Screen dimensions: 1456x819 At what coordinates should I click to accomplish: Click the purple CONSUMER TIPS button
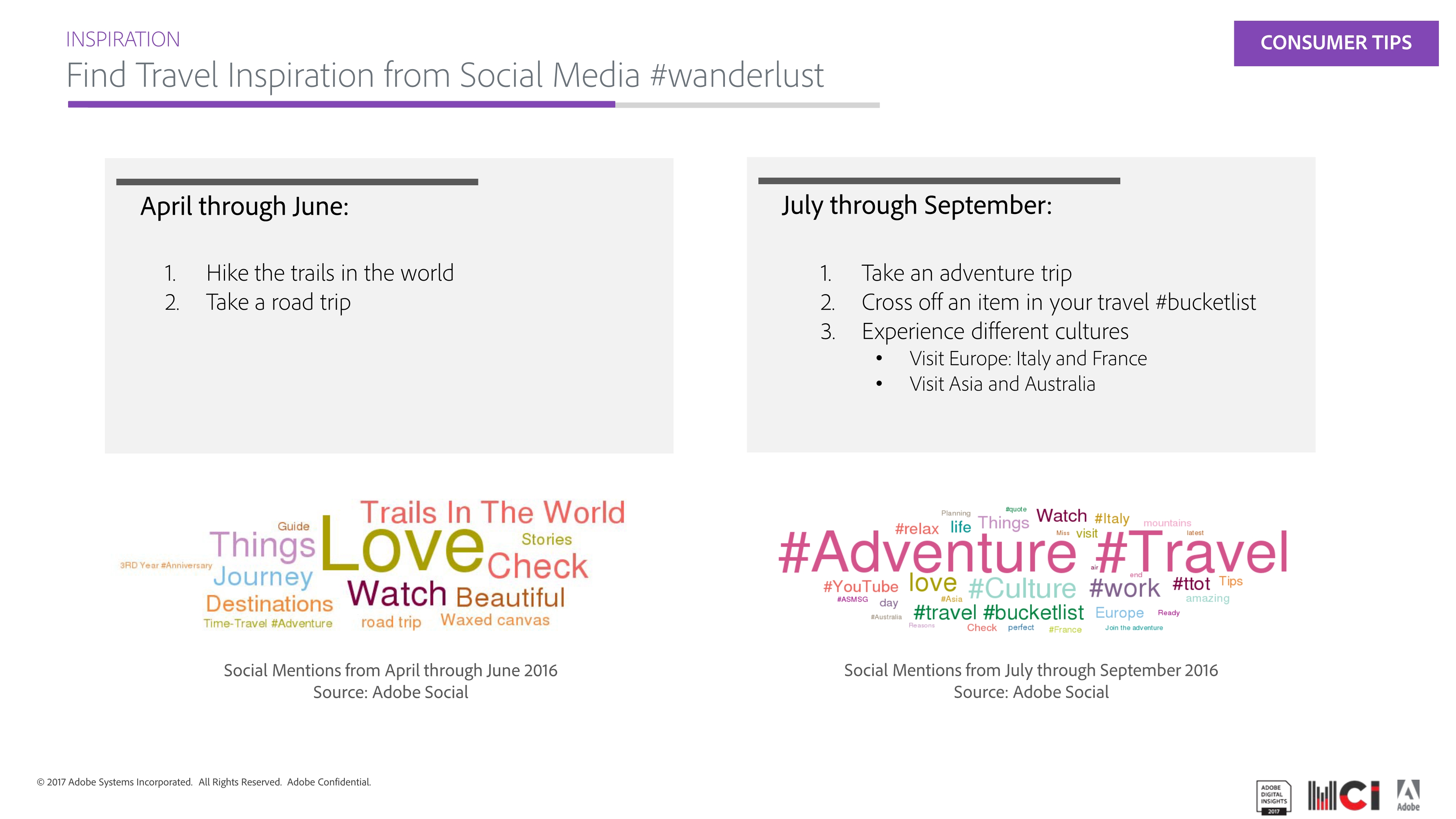click(1335, 44)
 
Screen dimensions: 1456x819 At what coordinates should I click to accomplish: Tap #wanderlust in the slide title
click(737, 75)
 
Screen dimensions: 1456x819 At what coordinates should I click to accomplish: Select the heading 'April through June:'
click(244, 206)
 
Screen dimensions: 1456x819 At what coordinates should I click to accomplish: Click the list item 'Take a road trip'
click(278, 302)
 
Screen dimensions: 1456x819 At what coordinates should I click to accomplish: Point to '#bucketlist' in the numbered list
click(1206, 302)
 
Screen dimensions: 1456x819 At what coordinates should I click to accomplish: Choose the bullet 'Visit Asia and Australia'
click(1002, 384)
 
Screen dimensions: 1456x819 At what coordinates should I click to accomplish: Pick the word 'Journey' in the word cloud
click(263, 577)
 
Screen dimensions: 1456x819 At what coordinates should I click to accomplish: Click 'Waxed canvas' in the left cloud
click(495, 620)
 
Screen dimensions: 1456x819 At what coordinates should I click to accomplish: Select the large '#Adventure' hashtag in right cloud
click(927, 553)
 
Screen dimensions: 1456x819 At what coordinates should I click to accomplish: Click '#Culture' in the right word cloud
click(1022, 588)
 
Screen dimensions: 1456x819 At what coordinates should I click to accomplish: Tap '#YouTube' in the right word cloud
click(861, 587)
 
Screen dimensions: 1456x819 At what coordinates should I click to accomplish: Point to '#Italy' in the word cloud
click(1112, 519)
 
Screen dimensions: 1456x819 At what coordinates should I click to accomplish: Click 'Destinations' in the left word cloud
click(269, 604)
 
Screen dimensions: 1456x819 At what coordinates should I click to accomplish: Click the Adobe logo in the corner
click(1408, 796)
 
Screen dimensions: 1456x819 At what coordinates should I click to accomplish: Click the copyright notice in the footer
click(204, 782)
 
